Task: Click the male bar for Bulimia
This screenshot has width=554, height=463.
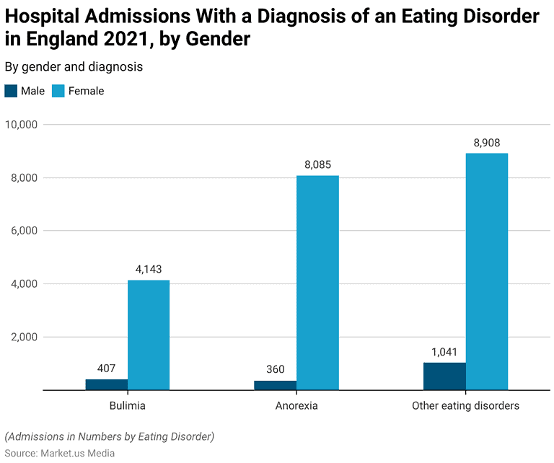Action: [107, 384]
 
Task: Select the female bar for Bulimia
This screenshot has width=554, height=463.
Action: [149, 335]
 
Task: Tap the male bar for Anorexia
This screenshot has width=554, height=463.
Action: [276, 385]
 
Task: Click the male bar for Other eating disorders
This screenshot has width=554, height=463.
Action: [444, 376]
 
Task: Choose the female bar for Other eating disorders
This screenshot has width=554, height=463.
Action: [487, 272]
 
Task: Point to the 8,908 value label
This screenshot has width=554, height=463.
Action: [487, 143]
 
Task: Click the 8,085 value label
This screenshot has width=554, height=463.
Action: [317, 165]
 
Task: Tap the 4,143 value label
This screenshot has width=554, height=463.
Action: [149, 270]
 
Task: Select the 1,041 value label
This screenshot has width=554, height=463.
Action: [444, 352]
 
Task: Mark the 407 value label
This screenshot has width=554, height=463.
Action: [107, 369]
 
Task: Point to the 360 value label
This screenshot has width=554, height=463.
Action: [276, 370]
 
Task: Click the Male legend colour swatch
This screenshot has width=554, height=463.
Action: [11, 91]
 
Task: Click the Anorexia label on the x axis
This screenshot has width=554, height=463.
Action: [296, 405]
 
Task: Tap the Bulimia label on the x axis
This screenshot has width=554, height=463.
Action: [127, 405]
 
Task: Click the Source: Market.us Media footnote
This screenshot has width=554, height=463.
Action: [60, 453]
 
